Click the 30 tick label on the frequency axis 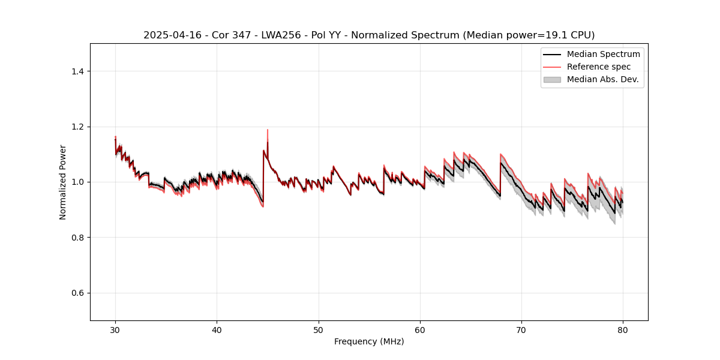pyautogui.click(x=115, y=329)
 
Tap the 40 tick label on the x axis pyautogui.click(x=217, y=329)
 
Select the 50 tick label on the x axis pyautogui.click(x=319, y=329)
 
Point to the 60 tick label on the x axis pyautogui.click(x=420, y=329)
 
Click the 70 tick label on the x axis pyautogui.click(x=521, y=329)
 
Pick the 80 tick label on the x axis pyautogui.click(x=623, y=329)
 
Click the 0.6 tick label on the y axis pyautogui.click(x=78, y=293)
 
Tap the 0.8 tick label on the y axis pyautogui.click(x=78, y=238)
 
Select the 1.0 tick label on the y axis pyautogui.click(x=78, y=182)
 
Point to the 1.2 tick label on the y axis pyautogui.click(x=78, y=127)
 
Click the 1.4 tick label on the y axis pyautogui.click(x=78, y=71)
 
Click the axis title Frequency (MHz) pyautogui.click(x=369, y=341)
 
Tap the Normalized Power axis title pyautogui.click(x=63, y=182)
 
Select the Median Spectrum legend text pyautogui.click(x=603, y=54)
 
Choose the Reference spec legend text pyautogui.click(x=599, y=67)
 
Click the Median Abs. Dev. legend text pyautogui.click(x=602, y=79)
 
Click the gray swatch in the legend pyautogui.click(x=552, y=79)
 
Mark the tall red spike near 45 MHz pyautogui.click(x=268, y=131)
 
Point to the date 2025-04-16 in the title pyautogui.click(x=169, y=35)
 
